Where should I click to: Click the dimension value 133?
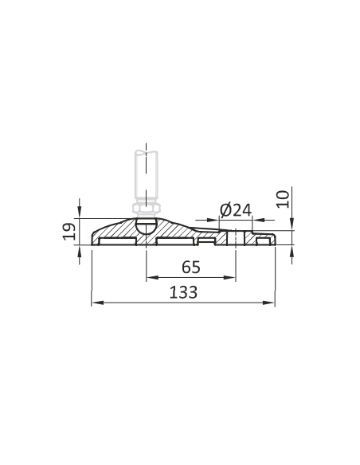183,292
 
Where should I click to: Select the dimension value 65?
191,267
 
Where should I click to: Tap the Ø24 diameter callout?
236,210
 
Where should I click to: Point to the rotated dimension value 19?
68,232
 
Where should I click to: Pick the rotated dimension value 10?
283,199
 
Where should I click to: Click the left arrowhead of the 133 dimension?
97,303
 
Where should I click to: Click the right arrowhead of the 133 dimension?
268,303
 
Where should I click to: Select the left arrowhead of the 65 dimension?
152,278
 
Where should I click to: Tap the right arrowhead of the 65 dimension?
229,278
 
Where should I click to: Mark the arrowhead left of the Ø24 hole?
213,220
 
